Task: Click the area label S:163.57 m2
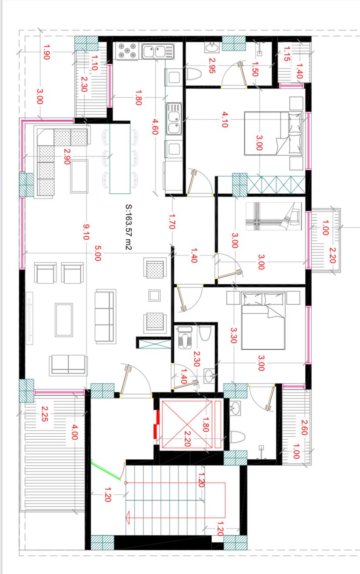click(x=128, y=227)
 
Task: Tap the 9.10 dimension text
click(x=86, y=232)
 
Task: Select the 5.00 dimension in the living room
click(x=98, y=253)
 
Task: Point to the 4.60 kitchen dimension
click(x=155, y=126)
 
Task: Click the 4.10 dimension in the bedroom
click(x=225, y=119)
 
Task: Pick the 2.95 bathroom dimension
click(x=212, y=66)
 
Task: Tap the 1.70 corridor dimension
click(x=172, y=222)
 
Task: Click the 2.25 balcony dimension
click(x=45, y=414)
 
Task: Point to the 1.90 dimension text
click(x=47, y=52)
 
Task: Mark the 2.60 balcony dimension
click(x=304, y=428)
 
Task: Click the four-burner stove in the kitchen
click(x=127, y=51)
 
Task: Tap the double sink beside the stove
click(x=158, y=52)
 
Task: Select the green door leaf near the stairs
click(x=106, y=470)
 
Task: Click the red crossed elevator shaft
click(x=187, y=425)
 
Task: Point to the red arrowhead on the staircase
click(x=128, y=518)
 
